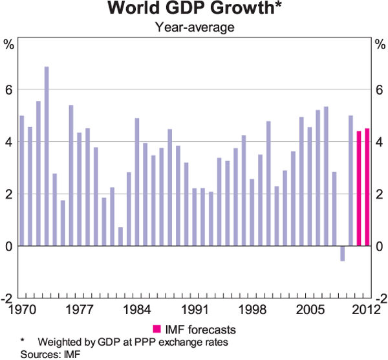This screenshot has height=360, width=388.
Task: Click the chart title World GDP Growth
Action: (x=194, y=10)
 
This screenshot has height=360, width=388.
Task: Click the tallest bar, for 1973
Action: (x=47, y=156)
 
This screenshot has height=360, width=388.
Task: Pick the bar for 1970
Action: (x=22, y=181)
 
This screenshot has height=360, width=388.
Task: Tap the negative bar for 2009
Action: (x=342, y=253)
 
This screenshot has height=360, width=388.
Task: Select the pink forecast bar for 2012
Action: (x=367, y=187)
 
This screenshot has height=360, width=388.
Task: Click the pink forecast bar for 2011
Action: (x=359, y=188)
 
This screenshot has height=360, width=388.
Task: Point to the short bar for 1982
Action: (x=121, y=236)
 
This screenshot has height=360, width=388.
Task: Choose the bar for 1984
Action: (x=137, y=182)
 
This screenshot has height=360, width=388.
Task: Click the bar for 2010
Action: (x=350, y=181)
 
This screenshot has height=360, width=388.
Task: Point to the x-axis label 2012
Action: (x=364, y=309)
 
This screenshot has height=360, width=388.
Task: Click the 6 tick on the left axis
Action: (x=9, y=89)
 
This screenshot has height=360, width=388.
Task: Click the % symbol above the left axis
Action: (x=9, y=45)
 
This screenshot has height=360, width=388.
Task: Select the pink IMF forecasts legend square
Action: (x=156, y=328)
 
